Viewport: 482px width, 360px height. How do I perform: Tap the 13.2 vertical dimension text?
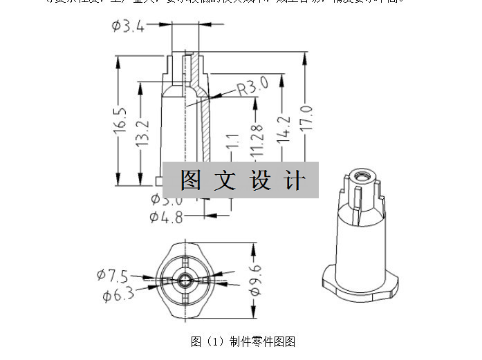[142, 131]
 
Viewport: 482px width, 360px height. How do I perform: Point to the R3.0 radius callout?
[252, 87]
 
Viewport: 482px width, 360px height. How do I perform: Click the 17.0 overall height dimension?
[306, 118]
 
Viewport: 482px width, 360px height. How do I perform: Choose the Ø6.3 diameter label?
[118, 296]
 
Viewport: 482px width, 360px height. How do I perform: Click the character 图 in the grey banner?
[192, 180]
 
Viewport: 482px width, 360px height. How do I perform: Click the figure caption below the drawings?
[243, 341]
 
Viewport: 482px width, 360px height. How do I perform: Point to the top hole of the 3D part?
[360, 176]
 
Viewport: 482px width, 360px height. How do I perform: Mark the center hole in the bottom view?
[185, 280]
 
